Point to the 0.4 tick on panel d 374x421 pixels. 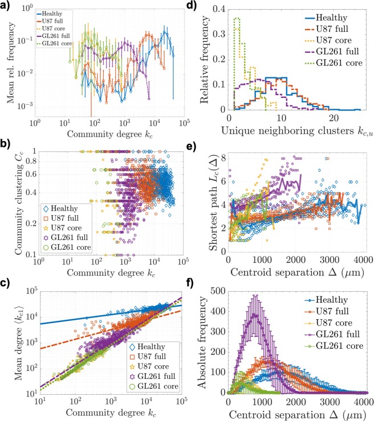point(217,9)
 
